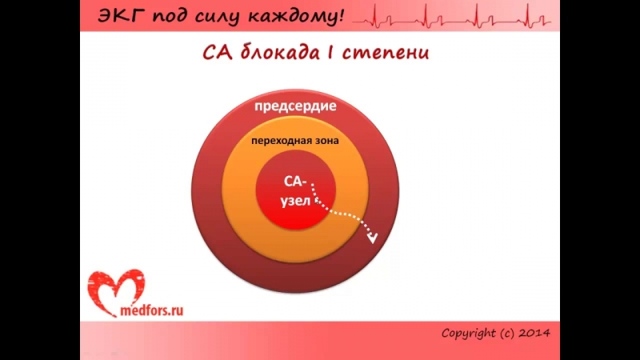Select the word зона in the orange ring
(x=325, y=141)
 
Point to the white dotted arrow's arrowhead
(x=371, y=238)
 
